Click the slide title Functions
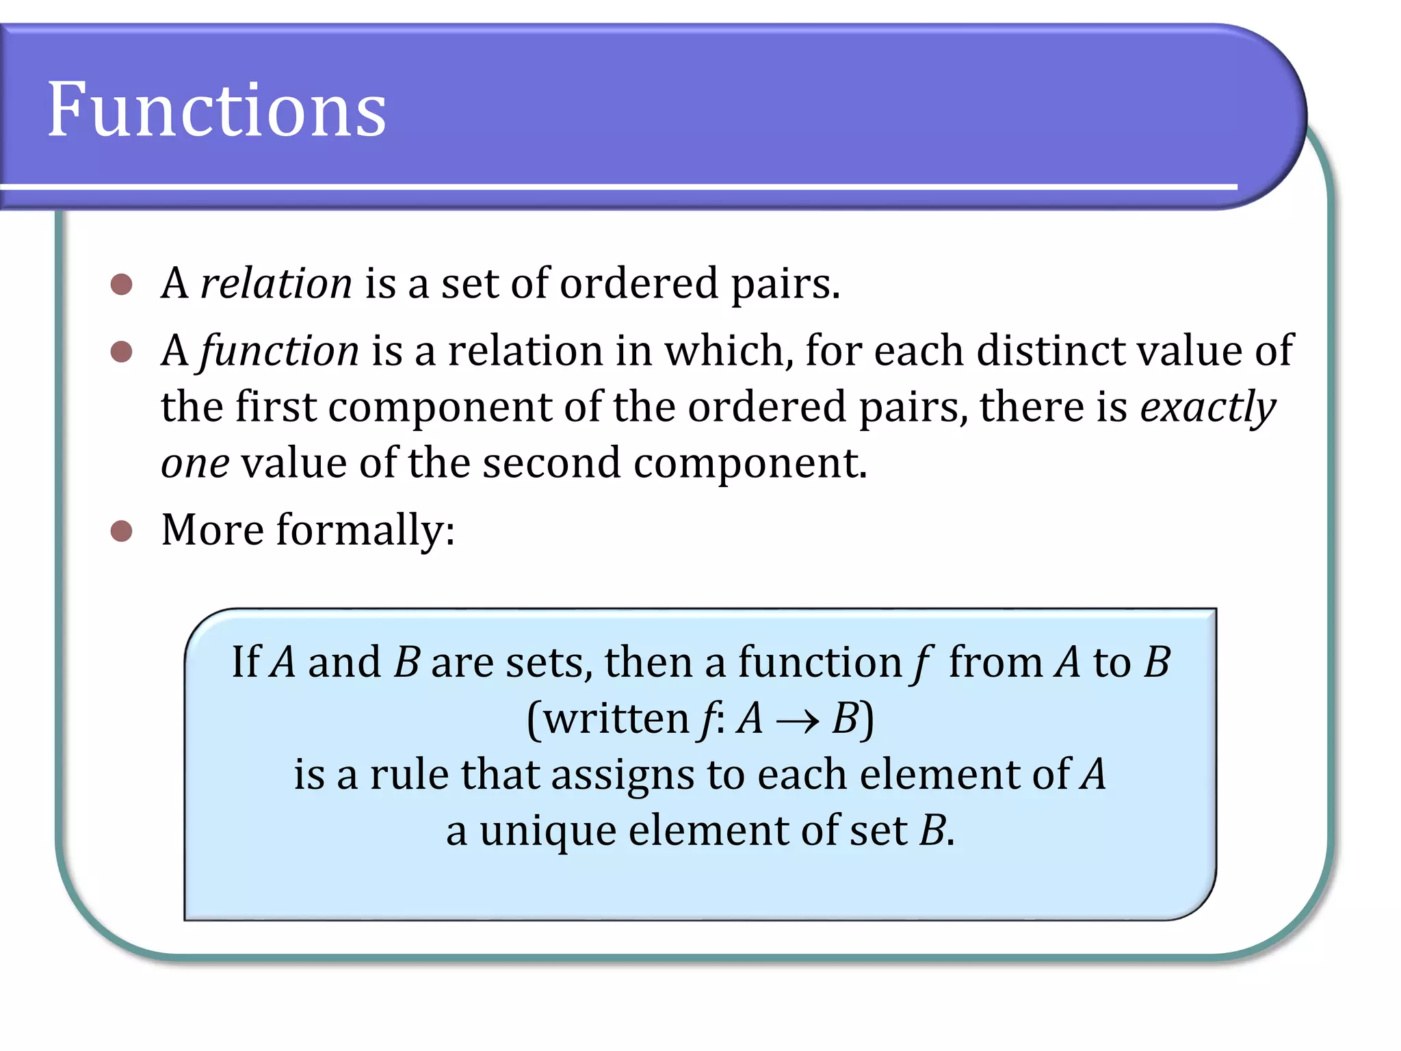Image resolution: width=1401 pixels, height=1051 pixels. tap(217, 109)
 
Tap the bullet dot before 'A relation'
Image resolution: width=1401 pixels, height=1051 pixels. tap(121, 285)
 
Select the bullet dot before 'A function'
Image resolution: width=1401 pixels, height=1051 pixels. tap(121, 352)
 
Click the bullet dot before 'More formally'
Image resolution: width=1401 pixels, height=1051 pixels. tap(121, 531)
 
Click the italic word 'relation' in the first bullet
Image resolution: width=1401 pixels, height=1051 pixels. tap(276, 283)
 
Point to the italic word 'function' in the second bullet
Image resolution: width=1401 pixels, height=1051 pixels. tap(279, 352)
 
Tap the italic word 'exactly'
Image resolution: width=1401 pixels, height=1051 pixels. tap(1207, 408)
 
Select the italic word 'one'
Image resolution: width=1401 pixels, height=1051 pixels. tap(195, 464)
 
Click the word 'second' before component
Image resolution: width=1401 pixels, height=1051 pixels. tap(552, 464)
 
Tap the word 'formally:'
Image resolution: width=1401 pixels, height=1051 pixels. tap(365, 531)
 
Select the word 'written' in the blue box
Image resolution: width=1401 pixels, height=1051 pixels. tap(616, 720)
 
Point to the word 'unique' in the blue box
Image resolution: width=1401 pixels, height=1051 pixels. tap(548, 832)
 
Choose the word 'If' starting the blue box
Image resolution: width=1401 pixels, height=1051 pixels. tap(246, 662)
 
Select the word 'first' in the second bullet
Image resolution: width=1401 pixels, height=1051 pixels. tap(276, 408)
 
